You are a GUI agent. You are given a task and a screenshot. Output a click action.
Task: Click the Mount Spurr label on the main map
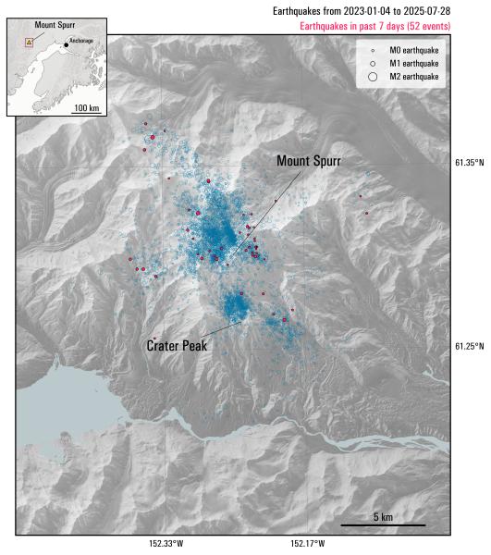pyautogui.click(x=309, y=161)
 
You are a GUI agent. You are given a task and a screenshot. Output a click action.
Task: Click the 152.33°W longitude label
pyautogui.click(x=166, y=544)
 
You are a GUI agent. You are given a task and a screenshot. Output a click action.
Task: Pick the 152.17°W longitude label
pyautogui.click(x=308, y=544)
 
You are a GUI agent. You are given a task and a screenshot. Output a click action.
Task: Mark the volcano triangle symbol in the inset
pyautogui.click(x=29, y=42)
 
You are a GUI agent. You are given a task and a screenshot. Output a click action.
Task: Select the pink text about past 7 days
pyautogui.click(x=374, y=27)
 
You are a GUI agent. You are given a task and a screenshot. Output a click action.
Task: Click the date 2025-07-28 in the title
pyautogui.click(x=426, y=11)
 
